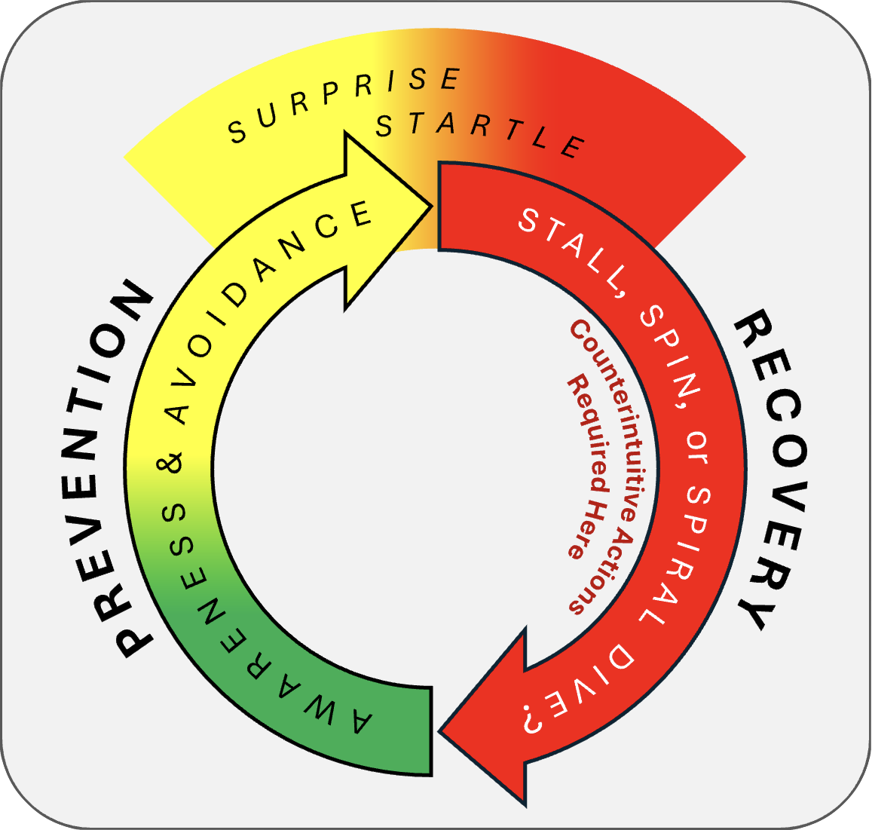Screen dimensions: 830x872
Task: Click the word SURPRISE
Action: [344, 104]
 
